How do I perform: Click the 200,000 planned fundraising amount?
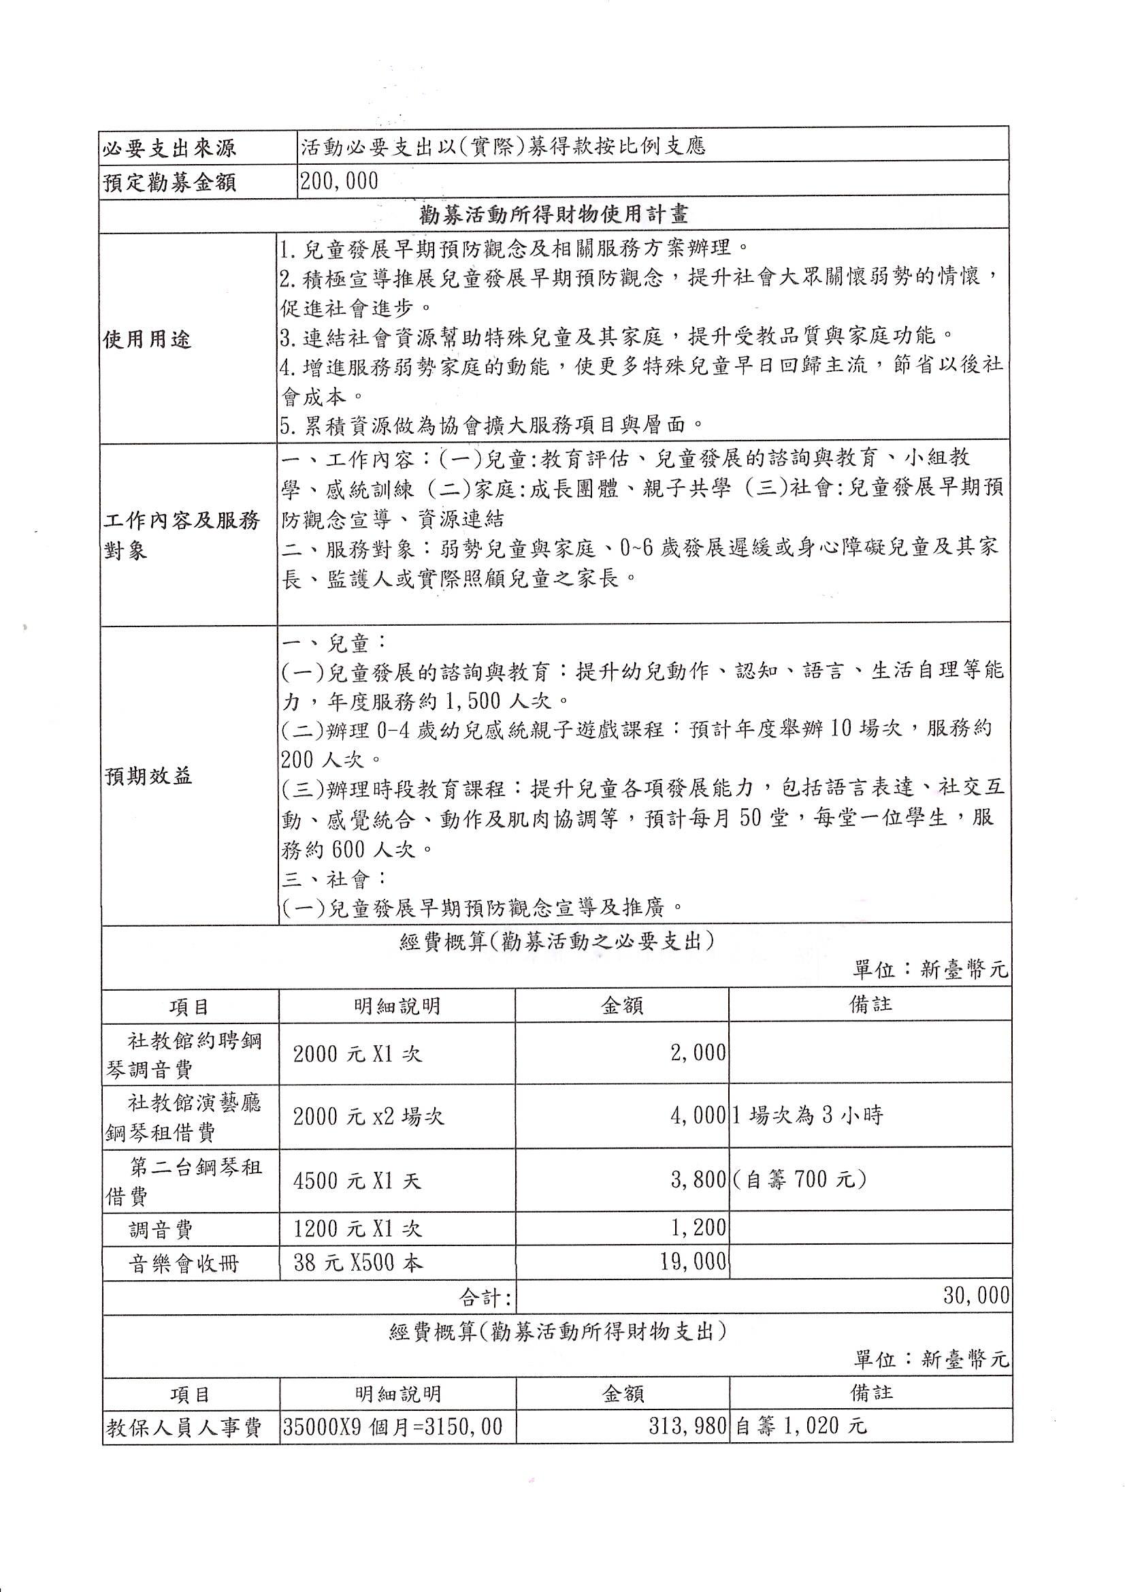[340, 182]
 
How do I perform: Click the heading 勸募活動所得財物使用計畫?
[554, 214]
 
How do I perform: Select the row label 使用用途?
[147, 340]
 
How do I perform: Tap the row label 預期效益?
[148, 776]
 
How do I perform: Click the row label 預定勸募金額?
[169, 182]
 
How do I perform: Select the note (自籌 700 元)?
[799, 1179]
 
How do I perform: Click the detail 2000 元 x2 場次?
[368, 1116]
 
